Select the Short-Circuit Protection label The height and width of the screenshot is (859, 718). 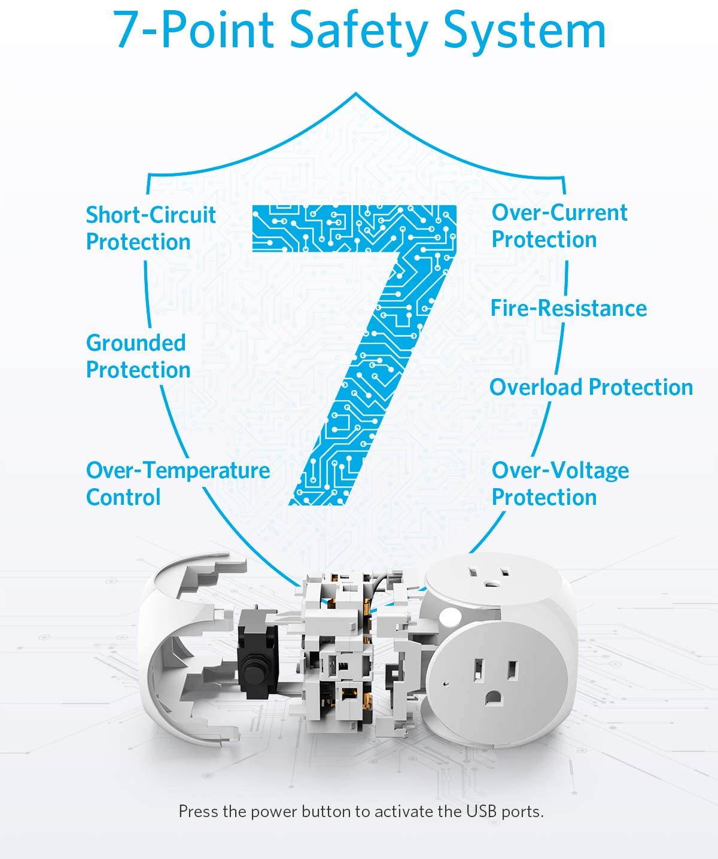click(x=151, y=228)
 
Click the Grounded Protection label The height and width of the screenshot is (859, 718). click(x=138, y=357)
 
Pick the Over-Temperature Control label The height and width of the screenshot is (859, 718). click(x=178, y=484)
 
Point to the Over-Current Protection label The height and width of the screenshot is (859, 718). click(x=559, y=226)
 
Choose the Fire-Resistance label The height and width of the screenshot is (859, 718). click(x=568, y=309)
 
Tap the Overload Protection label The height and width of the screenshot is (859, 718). click(x=591, y=388)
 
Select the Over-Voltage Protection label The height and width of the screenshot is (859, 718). click(x=560, y=484)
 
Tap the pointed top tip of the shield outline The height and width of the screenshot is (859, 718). click(x=356, y=94)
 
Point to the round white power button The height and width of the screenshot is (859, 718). click(x=450, y=616)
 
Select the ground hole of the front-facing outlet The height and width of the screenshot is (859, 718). click(x=494, y=697)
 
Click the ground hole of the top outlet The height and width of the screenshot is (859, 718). click(x=491, y=583)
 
